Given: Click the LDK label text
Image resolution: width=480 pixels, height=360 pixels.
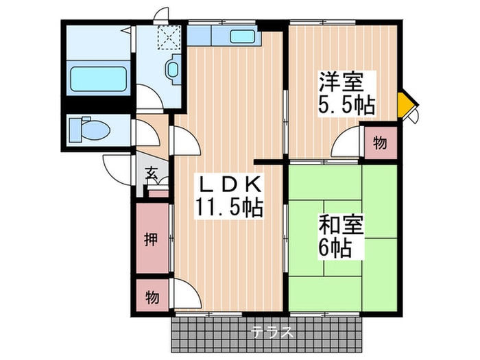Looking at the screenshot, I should (229, 184).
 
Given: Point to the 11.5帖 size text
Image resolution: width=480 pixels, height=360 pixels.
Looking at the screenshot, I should (229, 207).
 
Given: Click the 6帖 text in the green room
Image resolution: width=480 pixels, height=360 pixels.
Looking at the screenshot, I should (334, 248).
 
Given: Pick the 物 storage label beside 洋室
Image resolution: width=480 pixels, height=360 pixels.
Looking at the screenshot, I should (379, 143).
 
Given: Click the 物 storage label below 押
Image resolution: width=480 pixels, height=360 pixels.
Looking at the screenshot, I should (151, 297).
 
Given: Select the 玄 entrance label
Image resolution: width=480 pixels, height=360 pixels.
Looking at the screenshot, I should (152, 173).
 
